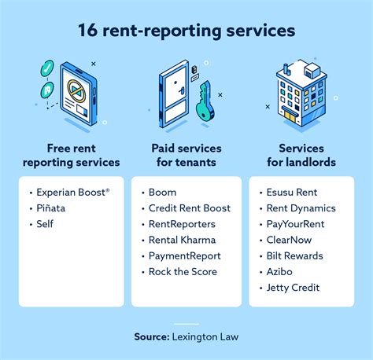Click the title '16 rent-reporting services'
[x=186, y=31]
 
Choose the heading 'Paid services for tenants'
[x=186, y=155]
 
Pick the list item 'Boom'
[x=162, y=192]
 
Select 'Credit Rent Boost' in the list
[x=189, y=208]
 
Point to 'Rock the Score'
[x=183, y=272]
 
